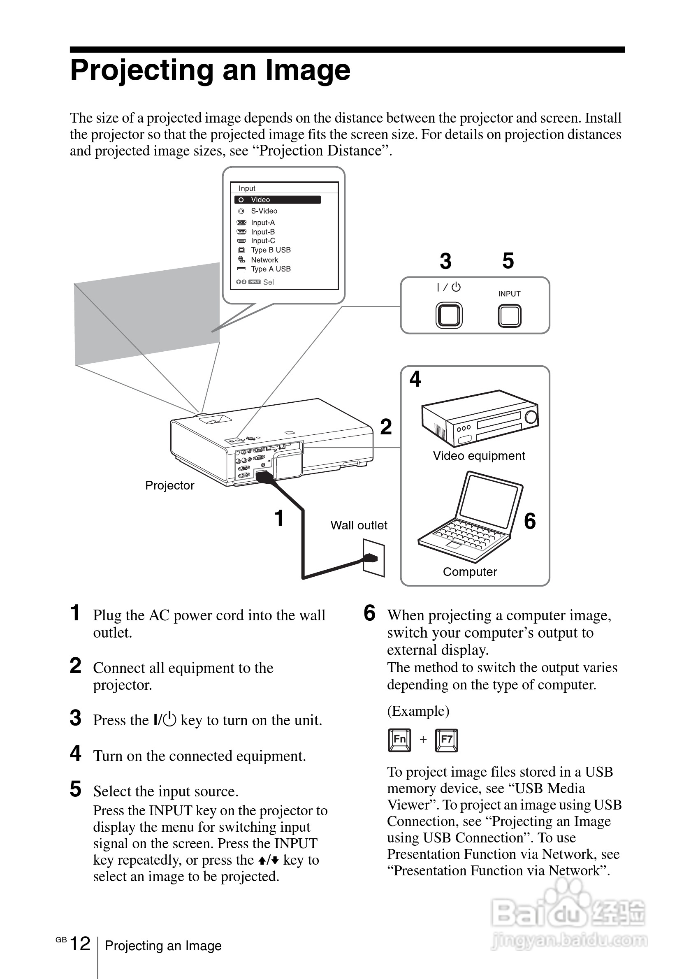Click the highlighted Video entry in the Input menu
277,200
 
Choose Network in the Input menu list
264,260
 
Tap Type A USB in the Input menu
270,269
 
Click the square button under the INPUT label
509,316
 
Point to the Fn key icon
399,740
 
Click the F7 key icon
446,740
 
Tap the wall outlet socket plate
373,557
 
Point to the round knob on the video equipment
531,417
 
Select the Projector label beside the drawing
169,485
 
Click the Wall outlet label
359,525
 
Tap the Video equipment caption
479,456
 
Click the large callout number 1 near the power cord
279,518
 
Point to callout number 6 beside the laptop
530,521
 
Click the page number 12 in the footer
80,944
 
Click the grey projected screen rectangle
147,313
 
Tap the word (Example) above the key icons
418,711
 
